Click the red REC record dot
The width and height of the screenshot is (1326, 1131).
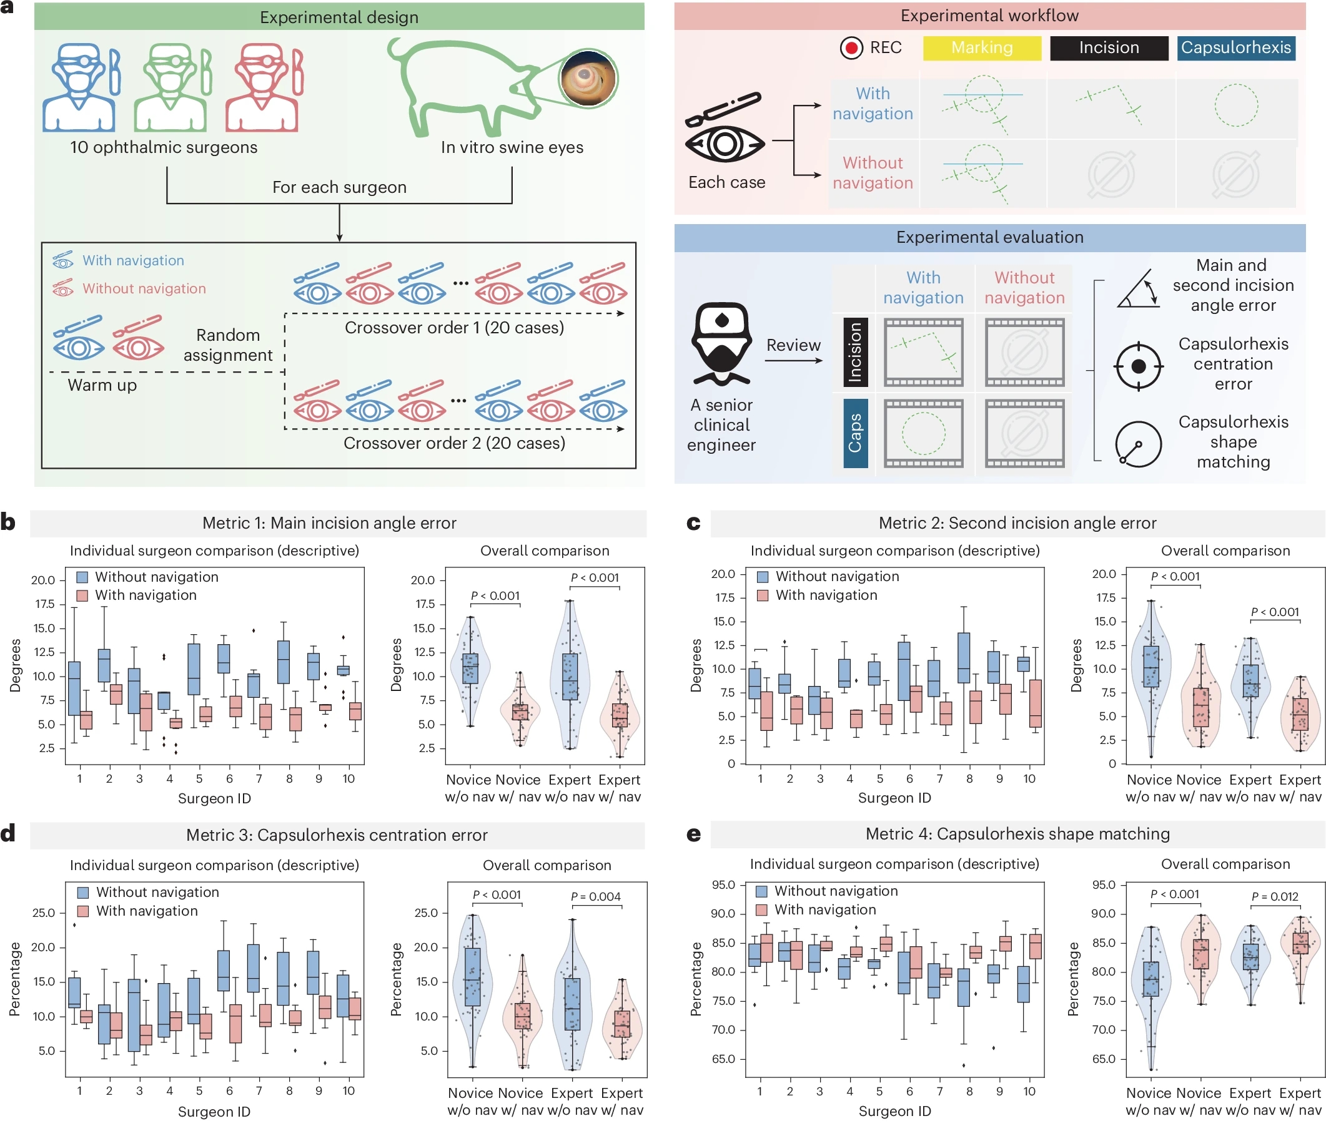851,48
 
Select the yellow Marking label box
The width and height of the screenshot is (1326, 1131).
982,48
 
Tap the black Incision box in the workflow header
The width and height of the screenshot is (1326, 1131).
1109,48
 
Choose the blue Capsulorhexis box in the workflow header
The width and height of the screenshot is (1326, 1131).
1235,48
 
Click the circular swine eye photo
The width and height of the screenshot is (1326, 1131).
588,78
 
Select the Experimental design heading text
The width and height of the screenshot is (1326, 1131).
339,17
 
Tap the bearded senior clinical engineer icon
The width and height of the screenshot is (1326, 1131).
721,344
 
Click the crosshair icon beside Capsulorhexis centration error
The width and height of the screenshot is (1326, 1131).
1138,366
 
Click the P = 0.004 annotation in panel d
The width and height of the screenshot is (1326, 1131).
595,896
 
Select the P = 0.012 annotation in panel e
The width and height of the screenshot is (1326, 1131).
1275,896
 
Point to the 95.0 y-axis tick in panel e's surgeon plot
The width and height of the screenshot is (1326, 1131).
723,884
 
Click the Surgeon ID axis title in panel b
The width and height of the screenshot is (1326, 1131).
214,798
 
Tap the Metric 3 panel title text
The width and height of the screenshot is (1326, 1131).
337,835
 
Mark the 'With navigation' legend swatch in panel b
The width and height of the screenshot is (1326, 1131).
82,595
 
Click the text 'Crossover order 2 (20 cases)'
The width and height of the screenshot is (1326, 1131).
454,443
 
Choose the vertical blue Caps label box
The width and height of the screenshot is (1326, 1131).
855,433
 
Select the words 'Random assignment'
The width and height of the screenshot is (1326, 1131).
228,345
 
